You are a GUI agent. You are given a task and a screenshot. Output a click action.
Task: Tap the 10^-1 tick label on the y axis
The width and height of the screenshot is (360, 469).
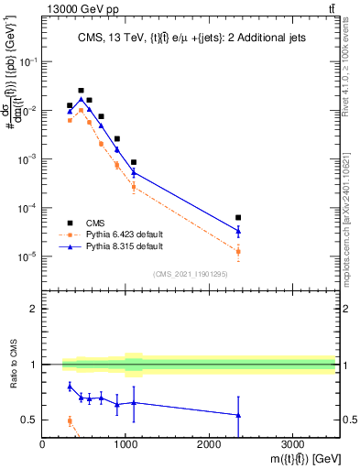coord(27,61)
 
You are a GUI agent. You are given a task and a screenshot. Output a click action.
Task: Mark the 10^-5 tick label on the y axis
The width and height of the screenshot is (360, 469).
coord(27,256)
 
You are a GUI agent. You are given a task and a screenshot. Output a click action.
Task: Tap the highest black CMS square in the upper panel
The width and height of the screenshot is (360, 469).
coord(81,91)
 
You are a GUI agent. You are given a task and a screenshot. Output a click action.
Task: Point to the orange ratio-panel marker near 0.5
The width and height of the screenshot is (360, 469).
coord(70,421)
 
